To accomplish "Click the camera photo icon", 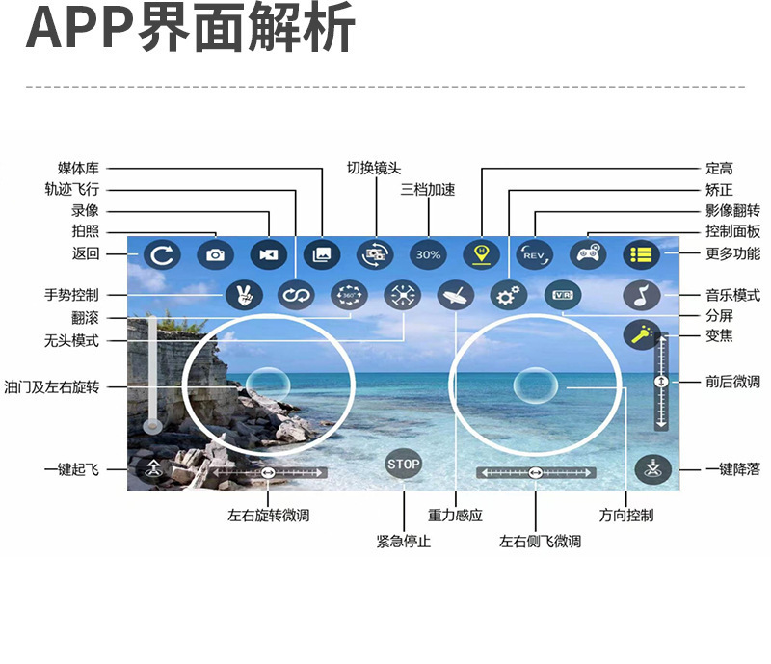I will (x=215, y=254).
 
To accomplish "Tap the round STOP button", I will (x=404, y=465).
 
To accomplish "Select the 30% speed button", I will (x=428, y=254).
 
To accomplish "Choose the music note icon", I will (x=640, y=296).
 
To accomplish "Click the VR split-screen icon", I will (x=562, y=296).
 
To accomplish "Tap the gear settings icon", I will (x=507, y=296).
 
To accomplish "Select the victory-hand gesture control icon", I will (x=243, y=296).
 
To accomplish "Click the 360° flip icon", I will (x=349, y=296).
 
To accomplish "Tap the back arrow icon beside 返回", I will (x=162, y=254).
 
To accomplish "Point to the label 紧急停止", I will (x=403, y=542).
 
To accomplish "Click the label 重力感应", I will (x=455, y=516).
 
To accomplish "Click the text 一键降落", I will (x=732, y=469).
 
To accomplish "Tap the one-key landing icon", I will (x=652, y=469).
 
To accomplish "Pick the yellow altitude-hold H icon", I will (x=480, y=254).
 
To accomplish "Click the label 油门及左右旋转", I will (x=52, y=386).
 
